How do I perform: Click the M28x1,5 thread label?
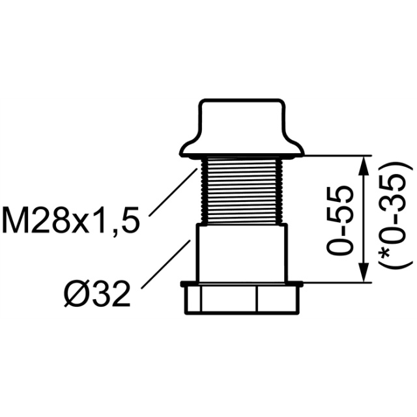coord(70,222)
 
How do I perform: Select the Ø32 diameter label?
coord(97,294)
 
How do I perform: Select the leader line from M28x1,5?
coord(173,192)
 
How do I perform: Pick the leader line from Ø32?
coord(167,265)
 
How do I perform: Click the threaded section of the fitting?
coord(242,190)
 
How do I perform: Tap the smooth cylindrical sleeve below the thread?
coord(242,253)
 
